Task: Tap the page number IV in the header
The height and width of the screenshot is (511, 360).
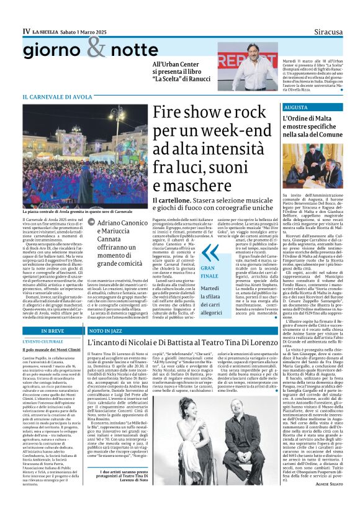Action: click(26, 30)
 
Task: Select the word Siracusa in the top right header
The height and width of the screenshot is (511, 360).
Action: click(322, 30)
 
